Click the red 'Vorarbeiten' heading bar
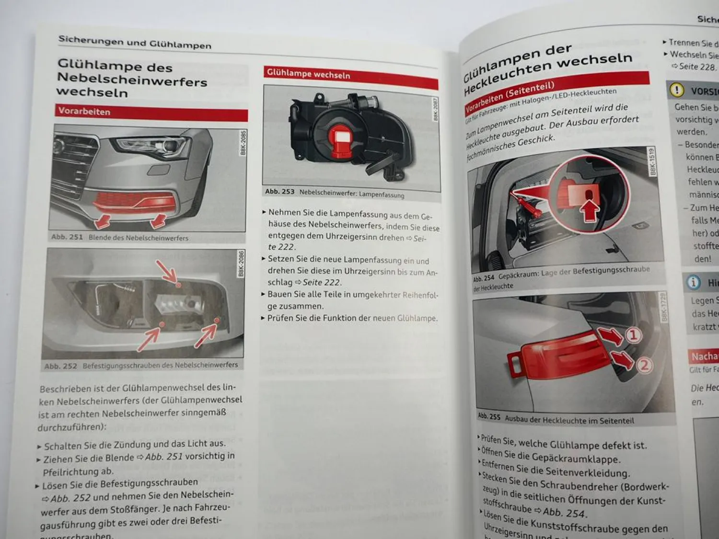pos(151,113)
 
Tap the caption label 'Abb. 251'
pos(67,237)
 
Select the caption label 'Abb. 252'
pos(60,366)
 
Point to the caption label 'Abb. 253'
pos(279,192)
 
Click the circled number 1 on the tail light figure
pos(633,335)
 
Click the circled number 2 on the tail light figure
pos(644,366)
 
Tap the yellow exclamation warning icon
pos(676,90)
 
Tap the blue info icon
pos(693,282)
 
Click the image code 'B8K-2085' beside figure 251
pos(243,143)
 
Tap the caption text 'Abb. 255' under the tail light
pos(488,416)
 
